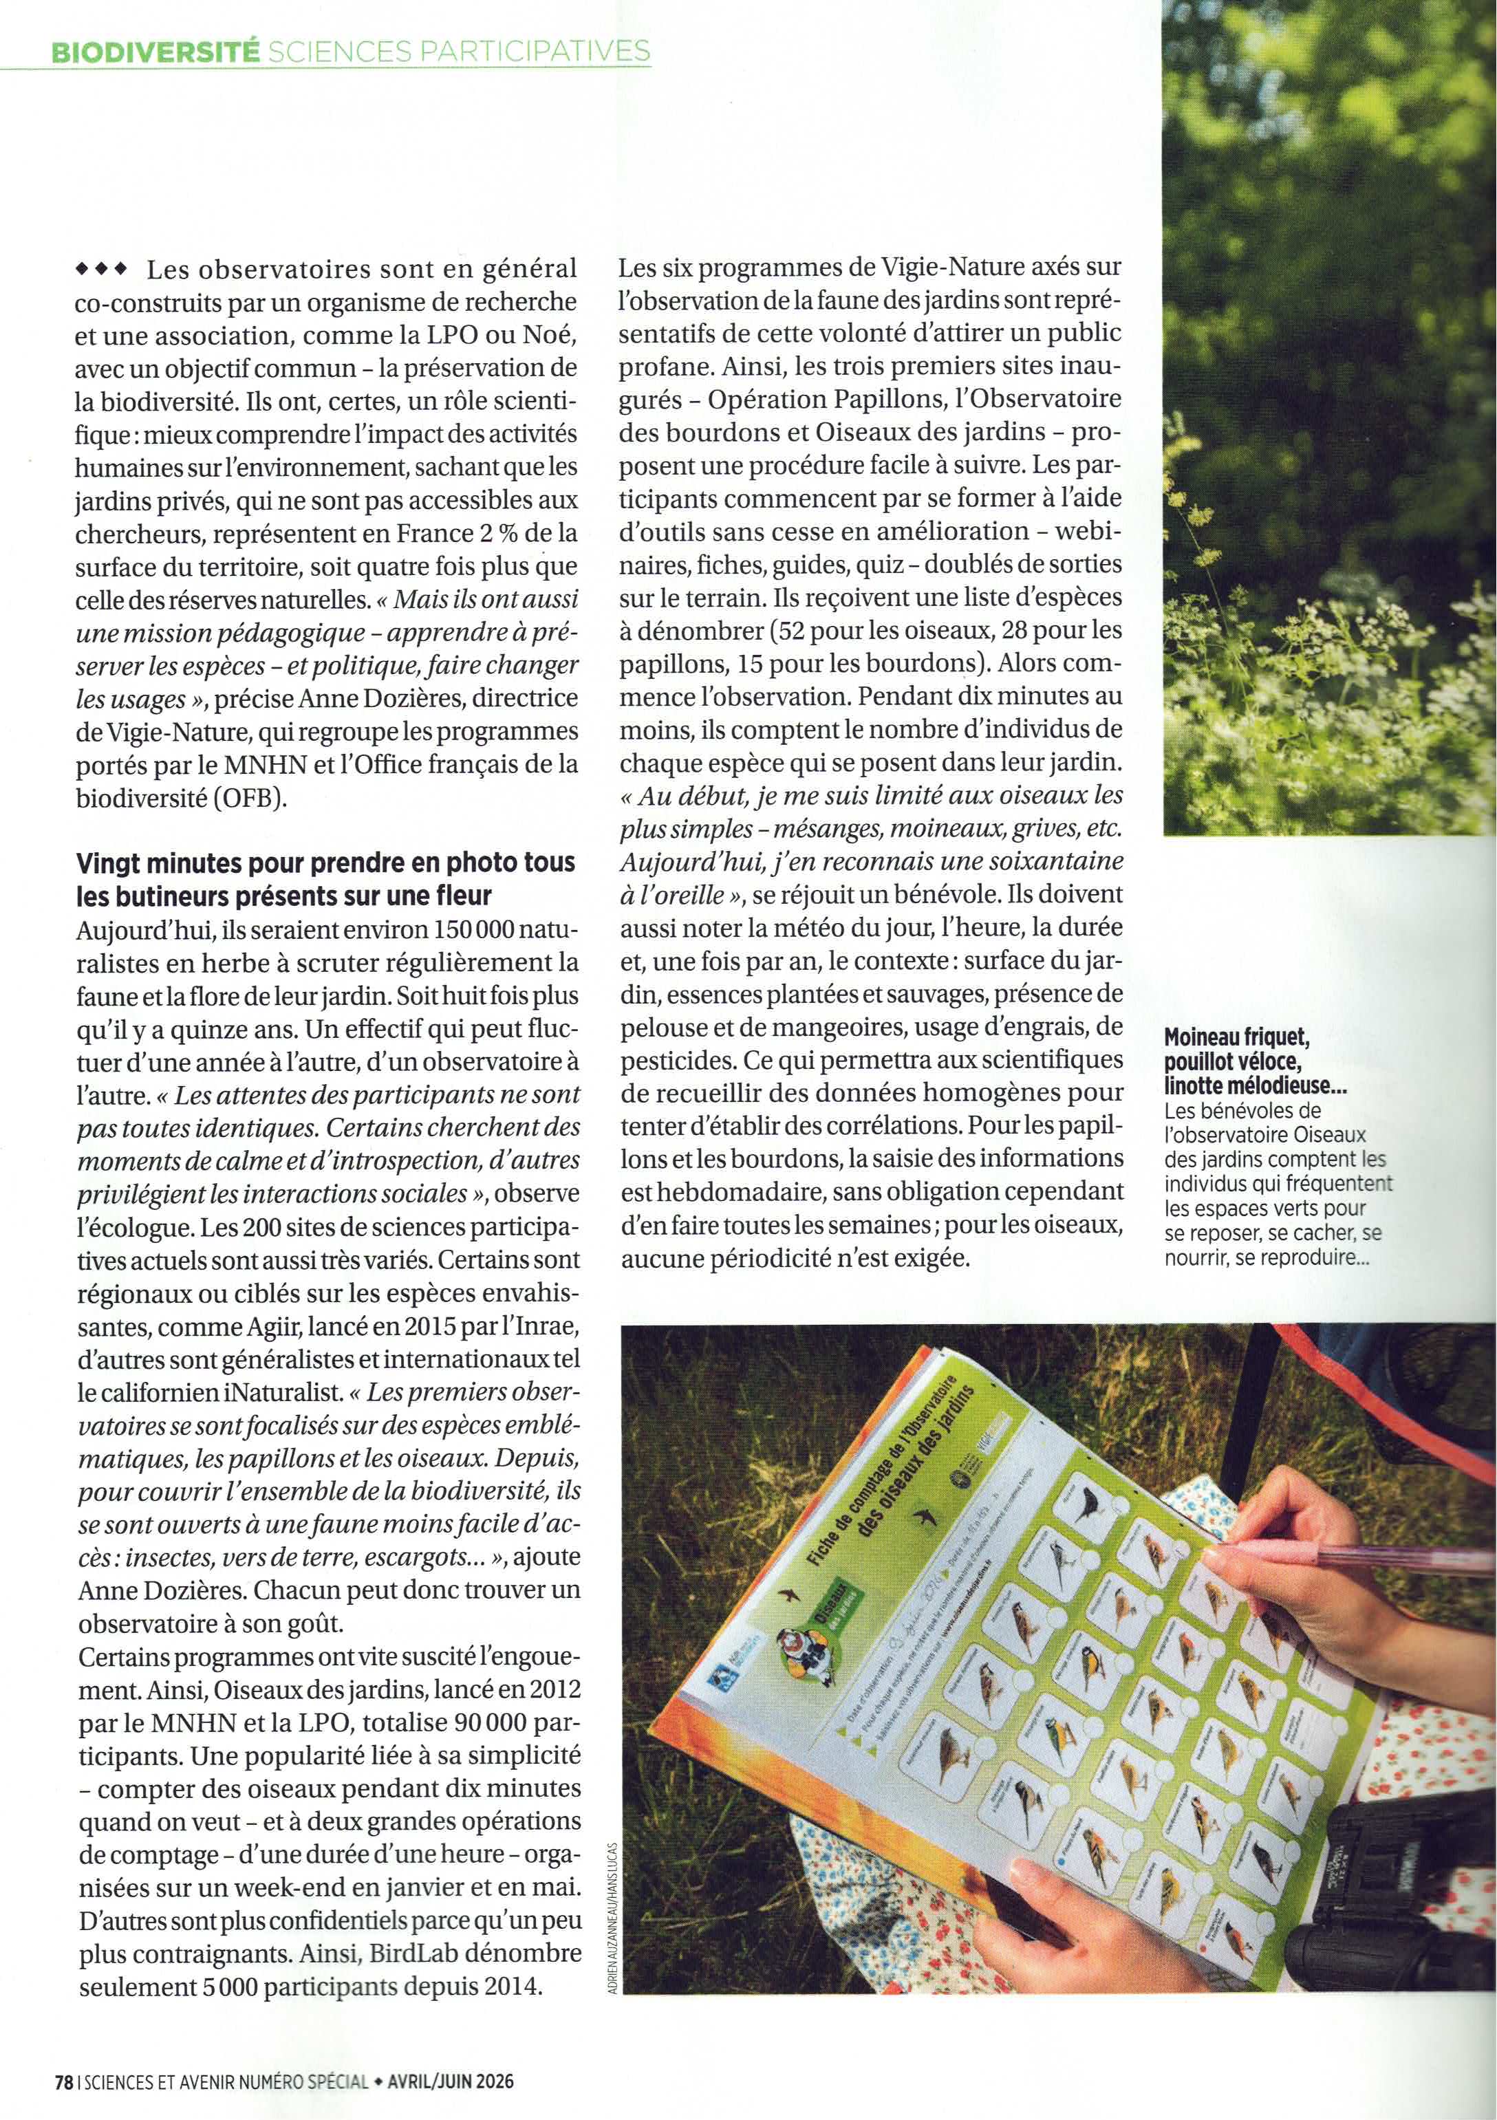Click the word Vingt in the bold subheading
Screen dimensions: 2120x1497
pyautogui.click(x=105, y=863)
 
